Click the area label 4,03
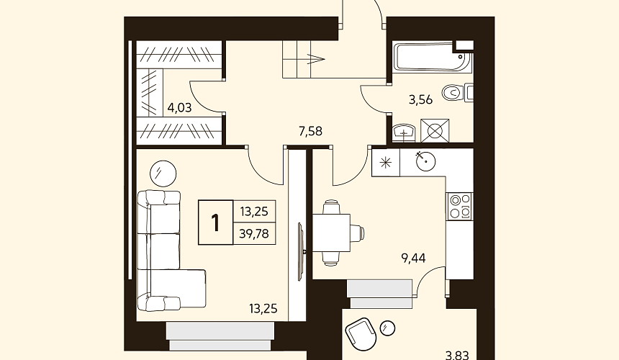(x=180, y=107)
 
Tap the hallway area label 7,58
(x=310, y=131)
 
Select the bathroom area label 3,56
(x=420, y=100)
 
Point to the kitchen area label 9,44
(x=413, y=258)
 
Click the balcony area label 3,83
(x=457, y=355)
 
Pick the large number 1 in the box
(x=215, y=222)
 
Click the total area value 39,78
(x=254, y=234)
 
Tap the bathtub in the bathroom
(x=432, y=57)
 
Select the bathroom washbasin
(x=404, y=133)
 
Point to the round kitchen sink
(x=425, y=161)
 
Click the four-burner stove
(x=459, y=206)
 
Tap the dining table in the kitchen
(x=331, y=233)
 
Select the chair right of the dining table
(x=357, y=233)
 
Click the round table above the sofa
(x=163, y=174)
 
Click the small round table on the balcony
(x=388, y=328)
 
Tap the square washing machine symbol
(x=435, y=130)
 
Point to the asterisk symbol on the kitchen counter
(x=386, y=163)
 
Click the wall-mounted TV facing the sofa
(x=300, y=251)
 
